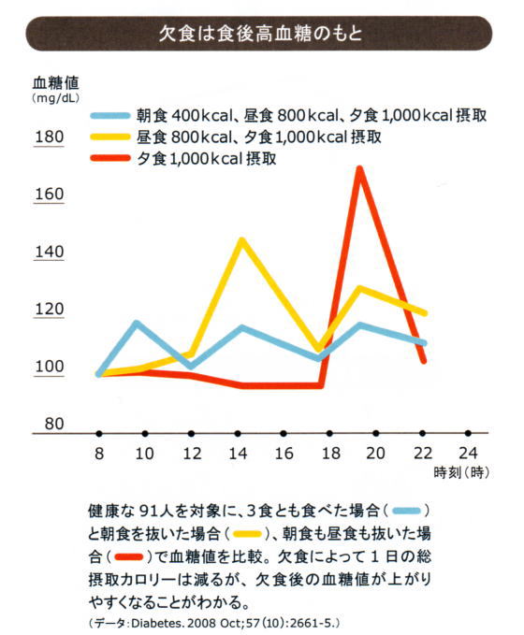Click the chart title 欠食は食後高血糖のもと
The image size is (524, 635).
tap(260, 34)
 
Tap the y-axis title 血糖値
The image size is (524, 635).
tap(56, 83)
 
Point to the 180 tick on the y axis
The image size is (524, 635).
tap(50, 137)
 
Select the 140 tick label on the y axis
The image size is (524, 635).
tap(50, 252)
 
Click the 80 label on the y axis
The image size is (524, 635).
tap(54, 424)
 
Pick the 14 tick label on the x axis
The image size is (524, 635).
tap(238, 454)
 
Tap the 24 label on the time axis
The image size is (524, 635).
tap(468, 454)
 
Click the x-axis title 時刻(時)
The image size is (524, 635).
tap(461, 472)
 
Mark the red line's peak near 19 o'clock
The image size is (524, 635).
tap(359, 168)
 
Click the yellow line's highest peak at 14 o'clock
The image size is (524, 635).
tap(242, 239)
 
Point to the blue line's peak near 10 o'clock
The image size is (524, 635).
tap(137, 323)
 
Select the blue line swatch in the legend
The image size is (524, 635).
tap(110, 115)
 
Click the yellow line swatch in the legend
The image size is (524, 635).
tap(110, 137)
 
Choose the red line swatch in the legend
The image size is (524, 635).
tap(110, 158)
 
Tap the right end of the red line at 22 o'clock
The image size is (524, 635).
tap(424, 361)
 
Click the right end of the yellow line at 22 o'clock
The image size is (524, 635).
tap(424, 313)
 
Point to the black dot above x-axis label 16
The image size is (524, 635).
tap(284, 434)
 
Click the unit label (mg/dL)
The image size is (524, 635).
tap(55, 98)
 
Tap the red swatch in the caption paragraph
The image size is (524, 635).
tap(129, 557)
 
